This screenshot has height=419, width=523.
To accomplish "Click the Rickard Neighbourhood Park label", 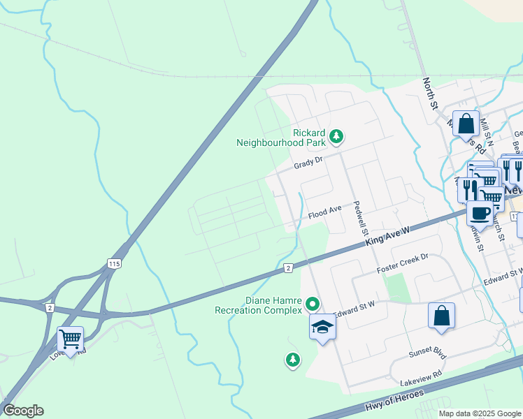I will (282, 138).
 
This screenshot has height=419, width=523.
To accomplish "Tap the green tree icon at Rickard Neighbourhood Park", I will (336, 135).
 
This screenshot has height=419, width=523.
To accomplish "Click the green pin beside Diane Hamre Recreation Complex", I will (313, 304).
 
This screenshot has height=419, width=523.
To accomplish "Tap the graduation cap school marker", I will (322, 327).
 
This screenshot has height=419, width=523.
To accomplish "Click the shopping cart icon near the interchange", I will (70, 339).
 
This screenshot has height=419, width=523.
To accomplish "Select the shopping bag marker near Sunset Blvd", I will (442, 316).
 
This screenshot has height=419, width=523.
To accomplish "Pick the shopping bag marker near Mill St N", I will (466, 124).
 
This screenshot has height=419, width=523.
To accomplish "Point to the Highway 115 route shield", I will (115, 263).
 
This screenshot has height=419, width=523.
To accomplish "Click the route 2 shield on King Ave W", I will (288, 268).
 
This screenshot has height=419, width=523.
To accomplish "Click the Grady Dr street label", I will (308, 162).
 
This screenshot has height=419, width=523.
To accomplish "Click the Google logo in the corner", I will (23, 411).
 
